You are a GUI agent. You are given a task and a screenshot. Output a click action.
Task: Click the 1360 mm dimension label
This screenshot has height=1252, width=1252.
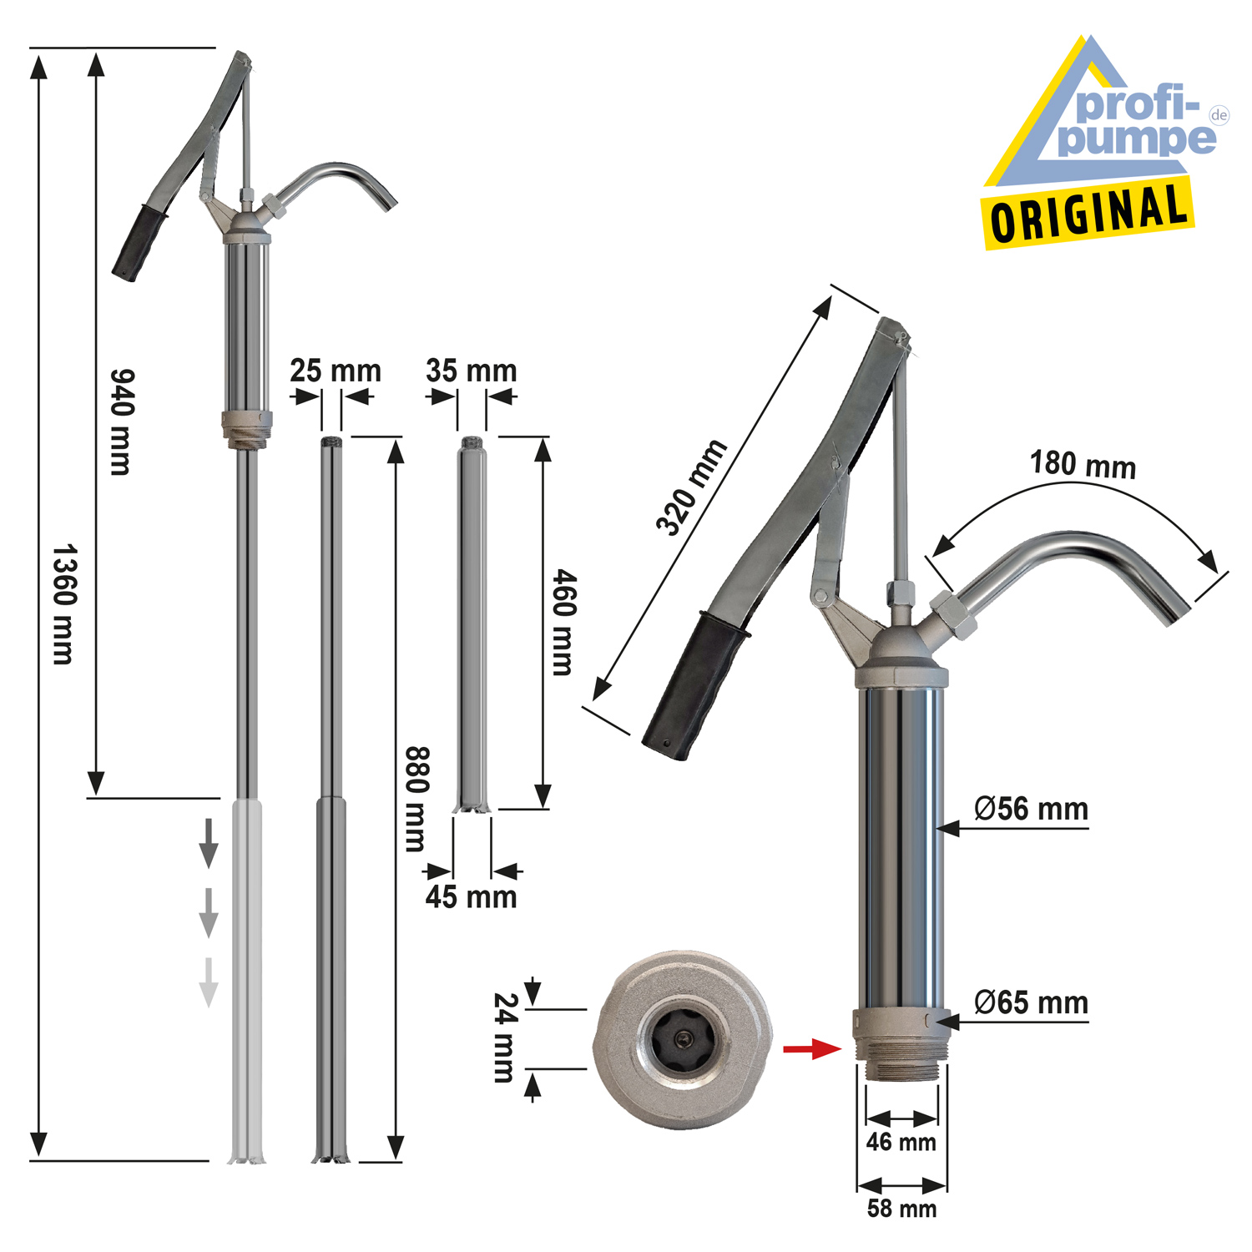pyautogui.click(x=64, y=604)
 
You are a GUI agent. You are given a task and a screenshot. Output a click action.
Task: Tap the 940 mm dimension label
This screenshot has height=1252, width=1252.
pyautogui.click(x=122, y=422)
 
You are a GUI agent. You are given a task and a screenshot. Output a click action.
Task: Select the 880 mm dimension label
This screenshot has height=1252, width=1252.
pyautogui.click(x=416, y=799)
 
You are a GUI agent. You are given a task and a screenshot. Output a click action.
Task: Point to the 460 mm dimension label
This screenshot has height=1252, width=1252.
pyautogui.click(x=564, y=622)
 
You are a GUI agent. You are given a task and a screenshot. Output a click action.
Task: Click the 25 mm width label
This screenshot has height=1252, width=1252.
pyautogui.click(x=336, y=370)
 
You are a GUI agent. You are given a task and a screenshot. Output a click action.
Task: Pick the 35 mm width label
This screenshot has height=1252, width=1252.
pyautogui.click(x=472, y=370)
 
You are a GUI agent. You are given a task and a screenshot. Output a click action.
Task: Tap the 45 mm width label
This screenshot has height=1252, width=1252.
pyautogui.click(x=471, y=896)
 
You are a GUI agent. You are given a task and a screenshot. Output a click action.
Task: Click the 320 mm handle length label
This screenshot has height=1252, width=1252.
pyautogui.click(x=691, y=487)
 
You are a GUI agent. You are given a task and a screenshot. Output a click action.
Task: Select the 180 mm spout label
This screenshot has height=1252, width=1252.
pyautogui.click(x=1083, y=464)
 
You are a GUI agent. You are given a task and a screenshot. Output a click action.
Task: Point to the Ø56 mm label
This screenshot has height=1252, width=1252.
pyautogui.click(x=1031, y=809)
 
